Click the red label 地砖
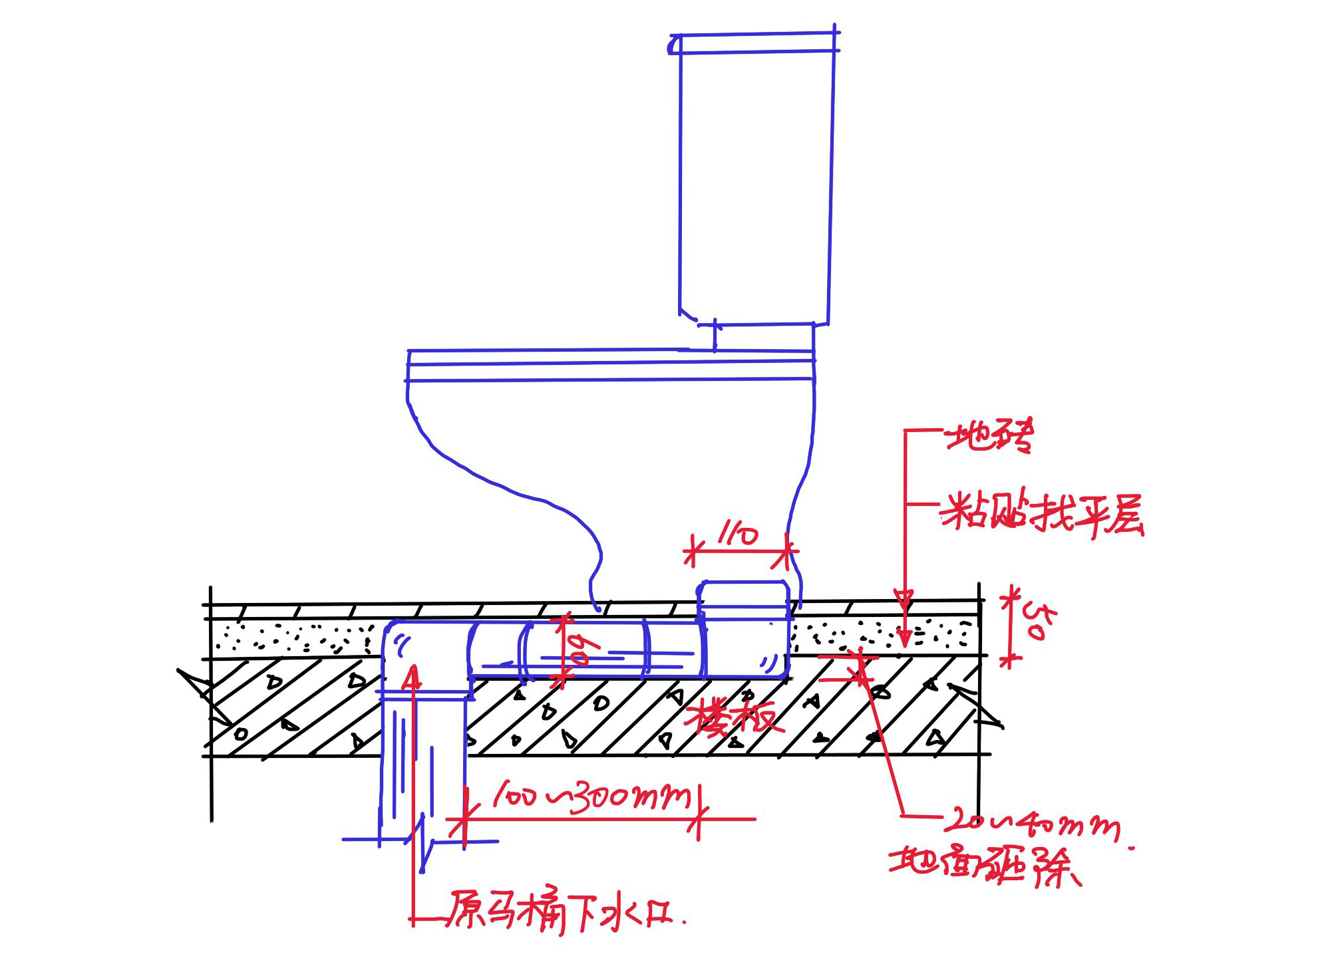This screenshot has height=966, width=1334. [x=990, y=435]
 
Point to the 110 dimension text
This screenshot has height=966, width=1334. [x=737, y=534]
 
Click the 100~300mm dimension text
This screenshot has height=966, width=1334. [x=592, y=795]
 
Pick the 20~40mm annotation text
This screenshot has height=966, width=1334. [x=1031, y=824]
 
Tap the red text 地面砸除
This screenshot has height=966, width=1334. [x=985, y=866]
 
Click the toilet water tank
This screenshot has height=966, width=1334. [x=756, y=186]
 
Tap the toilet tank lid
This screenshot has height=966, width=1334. [x=754, y=43]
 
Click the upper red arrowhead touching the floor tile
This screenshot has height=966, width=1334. [x=904, y=598]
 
